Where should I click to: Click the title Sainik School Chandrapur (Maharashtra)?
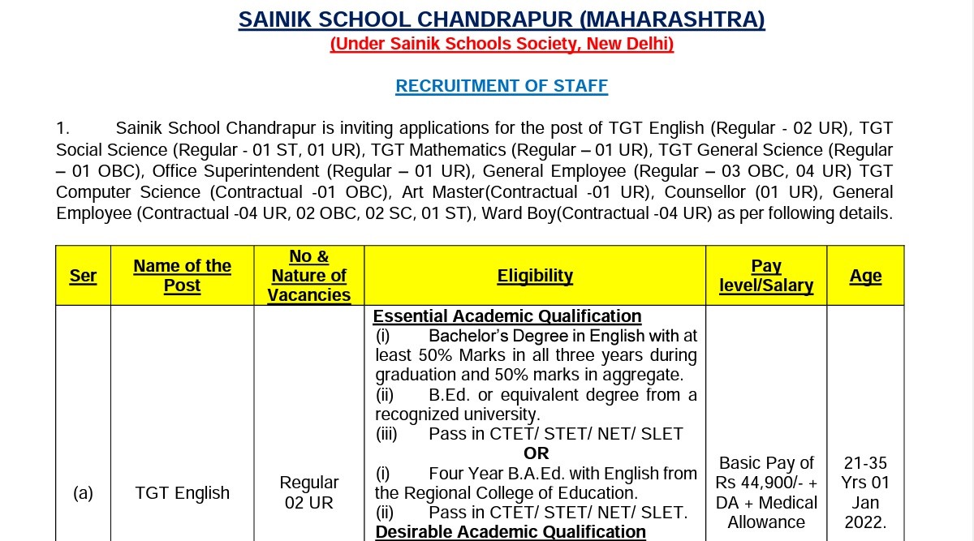point(501,19)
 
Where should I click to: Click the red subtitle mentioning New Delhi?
point(502,45)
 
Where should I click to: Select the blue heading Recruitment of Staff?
point(501,86)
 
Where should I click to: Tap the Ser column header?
point(83,276)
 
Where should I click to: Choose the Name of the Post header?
point(182,276)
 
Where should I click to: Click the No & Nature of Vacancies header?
point(308,276)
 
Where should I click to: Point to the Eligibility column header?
point(535,276)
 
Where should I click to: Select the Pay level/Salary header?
point(766,276)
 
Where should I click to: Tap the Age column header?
point(865,276)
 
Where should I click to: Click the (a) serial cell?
point(83,493)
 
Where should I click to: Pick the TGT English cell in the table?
point(182,493)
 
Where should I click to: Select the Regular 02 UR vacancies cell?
point(308,492)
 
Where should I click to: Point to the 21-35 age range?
point(865,463)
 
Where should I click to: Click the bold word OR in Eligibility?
point(536,453)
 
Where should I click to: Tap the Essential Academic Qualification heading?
point(507,316)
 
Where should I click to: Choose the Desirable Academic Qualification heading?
point(510,531)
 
